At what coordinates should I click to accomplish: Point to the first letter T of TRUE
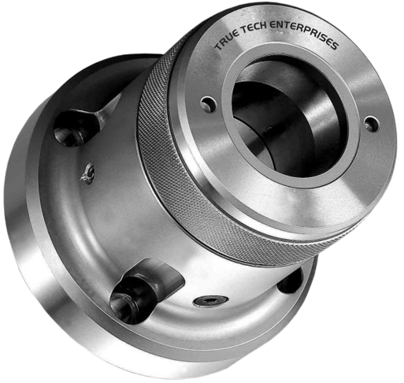[x=217, y=46]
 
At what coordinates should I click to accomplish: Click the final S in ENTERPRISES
[x=334, y=46]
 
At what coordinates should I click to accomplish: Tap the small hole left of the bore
[x=209, y=103]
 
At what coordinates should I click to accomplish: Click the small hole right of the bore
[x=371, y=123]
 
